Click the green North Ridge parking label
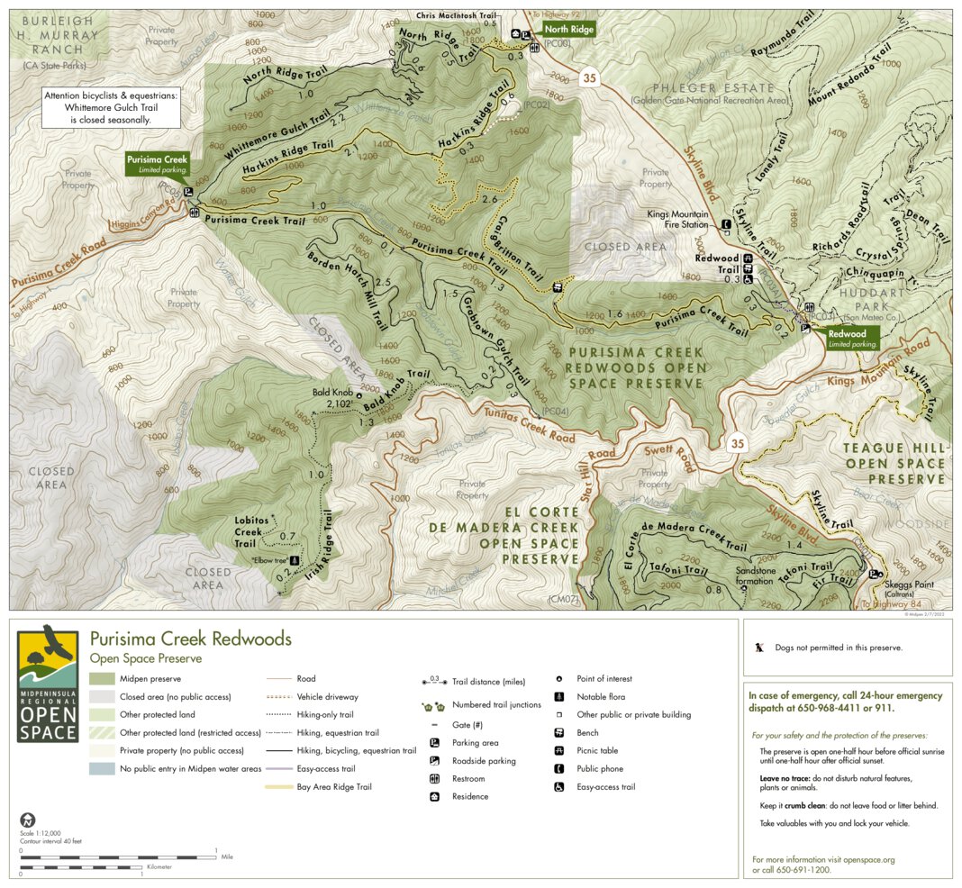(568, 30)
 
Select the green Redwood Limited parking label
(852, 338)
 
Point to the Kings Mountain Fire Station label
(677, 221)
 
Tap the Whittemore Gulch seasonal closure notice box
(111, 106)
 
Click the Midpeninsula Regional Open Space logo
(48, 684)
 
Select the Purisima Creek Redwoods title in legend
(190, 639)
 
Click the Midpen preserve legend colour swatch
(102, 679)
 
